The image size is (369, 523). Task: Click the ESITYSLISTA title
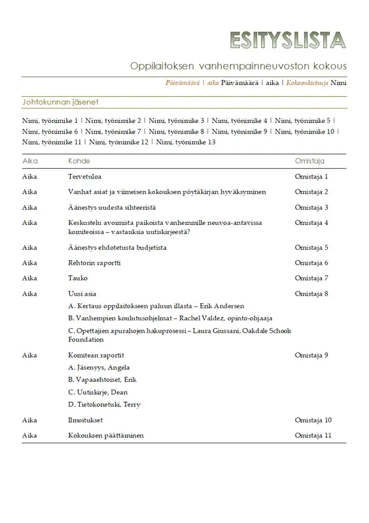[x=287, y=41]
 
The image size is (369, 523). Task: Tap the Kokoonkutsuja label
[x=307, y=83]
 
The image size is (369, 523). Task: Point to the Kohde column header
[x=79, y=161]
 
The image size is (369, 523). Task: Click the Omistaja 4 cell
[x=311, y=223]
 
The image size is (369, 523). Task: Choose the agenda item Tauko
[x=78, y=278]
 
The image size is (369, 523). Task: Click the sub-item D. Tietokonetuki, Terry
[x=104, y=405]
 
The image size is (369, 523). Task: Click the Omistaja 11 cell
[x=313, y=435]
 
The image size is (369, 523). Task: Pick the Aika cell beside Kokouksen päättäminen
[x=29, y=435]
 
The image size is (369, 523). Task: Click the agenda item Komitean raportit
[x=96, y=355]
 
